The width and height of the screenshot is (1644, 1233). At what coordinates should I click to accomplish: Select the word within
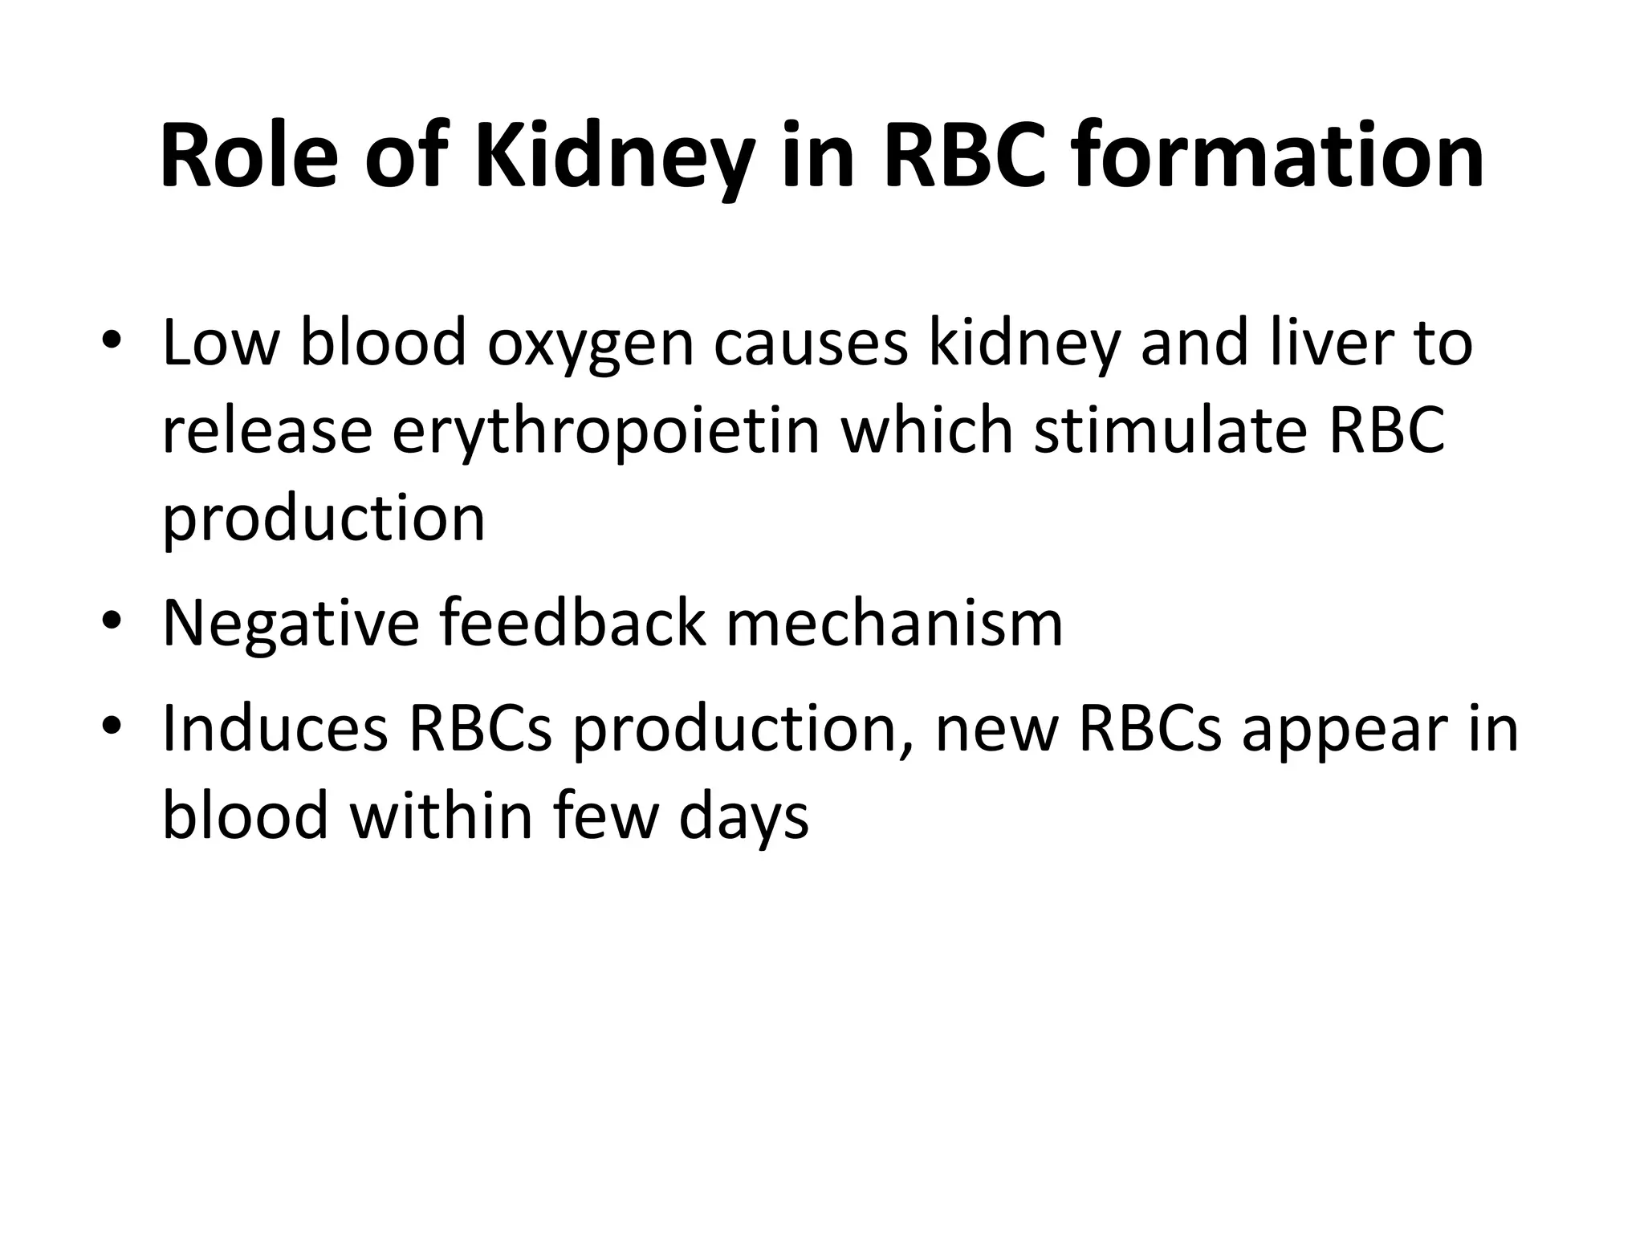tap(441, 816)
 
